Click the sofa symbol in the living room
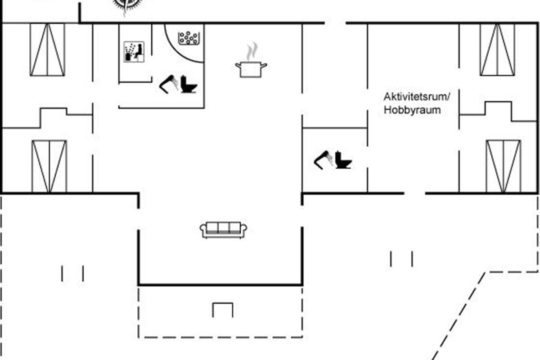point(223,229)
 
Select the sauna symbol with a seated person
point(134,52)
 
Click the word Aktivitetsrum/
point(417,96)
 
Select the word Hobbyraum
point(412,110)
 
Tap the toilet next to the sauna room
point(189,84)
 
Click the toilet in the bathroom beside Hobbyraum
point(343,160)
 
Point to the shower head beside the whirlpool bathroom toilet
point(168,84)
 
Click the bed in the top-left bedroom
point(47,49)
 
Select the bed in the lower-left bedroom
point(49,166)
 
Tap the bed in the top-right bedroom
point(497,49)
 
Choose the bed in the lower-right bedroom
point(503,166)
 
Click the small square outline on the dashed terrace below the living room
point(223,310)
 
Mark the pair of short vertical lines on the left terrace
point(72,273)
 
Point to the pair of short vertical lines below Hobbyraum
point(401,259)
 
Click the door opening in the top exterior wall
point(335,22)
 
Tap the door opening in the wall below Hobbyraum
point(414,193)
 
